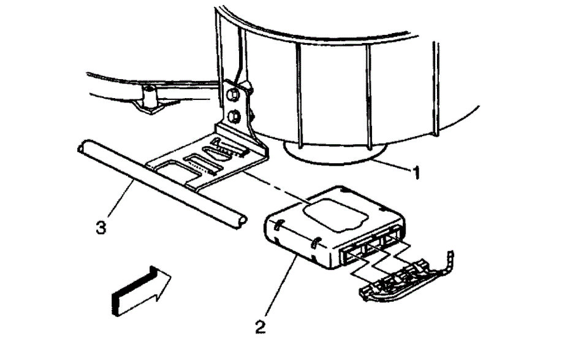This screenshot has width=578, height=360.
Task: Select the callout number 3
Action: (102, 228)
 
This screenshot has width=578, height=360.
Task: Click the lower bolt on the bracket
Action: (234, 117)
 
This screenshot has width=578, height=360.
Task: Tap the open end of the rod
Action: (243, 219)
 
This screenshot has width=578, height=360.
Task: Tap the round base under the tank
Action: (334, 156)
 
